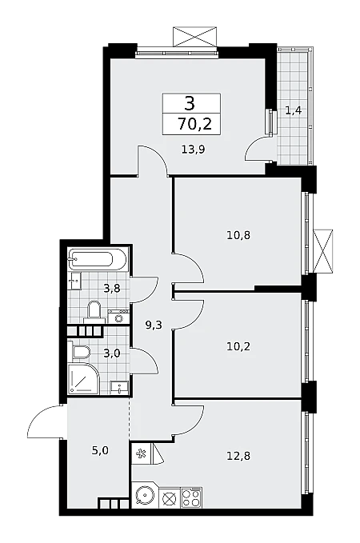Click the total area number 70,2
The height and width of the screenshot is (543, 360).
pyautogui.click(x=194, y=124)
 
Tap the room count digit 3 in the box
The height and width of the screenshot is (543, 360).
pyautogui.click(x=190, y=103)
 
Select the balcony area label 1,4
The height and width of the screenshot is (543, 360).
pyautogui.click(x=293, y=111)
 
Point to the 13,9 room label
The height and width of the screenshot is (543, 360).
pyautogui.click(x=194, y=150)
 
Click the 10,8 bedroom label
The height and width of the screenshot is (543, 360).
pyautogui.click(x=238, y=235)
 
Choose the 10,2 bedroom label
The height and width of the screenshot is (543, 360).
pyautogui.click(x=238, y=346)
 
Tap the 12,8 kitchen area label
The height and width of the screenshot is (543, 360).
pyautogui.click(x=238, y=456)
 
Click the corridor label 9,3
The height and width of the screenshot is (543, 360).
pyautogui.click(x=154, y=325)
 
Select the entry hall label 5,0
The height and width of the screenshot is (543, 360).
pyautogui.click(x=100, y=450)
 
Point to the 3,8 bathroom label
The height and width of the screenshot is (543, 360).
pyautogui.click(x=112, y=288)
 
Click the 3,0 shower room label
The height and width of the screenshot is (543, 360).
pyautogui.click(x=112, y=353)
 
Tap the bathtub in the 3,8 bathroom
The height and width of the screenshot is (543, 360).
pyautogui.click(x=96, y=259)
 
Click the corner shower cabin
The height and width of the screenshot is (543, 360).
pyautogui.click(x=83, y=378)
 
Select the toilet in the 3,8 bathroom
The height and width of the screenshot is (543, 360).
pyautogui.click(x=94, y=310)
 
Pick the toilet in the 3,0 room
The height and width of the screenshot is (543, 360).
pyautogui.click(x=80, y=352)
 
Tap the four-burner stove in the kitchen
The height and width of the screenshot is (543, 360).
pyautogui.click(x=191, y=498)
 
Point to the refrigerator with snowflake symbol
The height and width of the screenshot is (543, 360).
pyautogui.click(x=142, y=453)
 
